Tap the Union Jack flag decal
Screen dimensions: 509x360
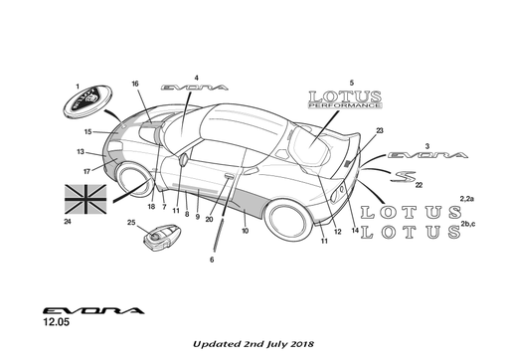coord(85,199)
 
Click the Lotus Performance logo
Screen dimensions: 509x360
coord(345,99)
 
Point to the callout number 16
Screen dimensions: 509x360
coord(135,84)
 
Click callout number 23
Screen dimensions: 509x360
coord(380,130)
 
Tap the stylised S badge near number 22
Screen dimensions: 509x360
coord(403,176)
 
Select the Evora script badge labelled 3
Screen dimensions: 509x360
coord(427,155)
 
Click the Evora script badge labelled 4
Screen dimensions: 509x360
coord(195,88)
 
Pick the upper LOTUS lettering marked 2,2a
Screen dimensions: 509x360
coord(411,212)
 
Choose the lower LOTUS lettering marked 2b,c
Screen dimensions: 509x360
coord(411,232)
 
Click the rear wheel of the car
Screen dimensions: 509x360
coord(289,220)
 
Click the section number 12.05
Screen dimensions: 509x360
coord(57,321)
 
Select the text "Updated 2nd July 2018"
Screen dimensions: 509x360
coord(254,344)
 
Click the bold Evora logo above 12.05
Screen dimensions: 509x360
coord(93,310)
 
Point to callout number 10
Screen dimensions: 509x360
coord(245,231)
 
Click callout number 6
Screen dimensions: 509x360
coord(212,260)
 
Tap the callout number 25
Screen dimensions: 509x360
coord(131,222)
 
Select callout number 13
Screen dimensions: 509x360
coord(81,152)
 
